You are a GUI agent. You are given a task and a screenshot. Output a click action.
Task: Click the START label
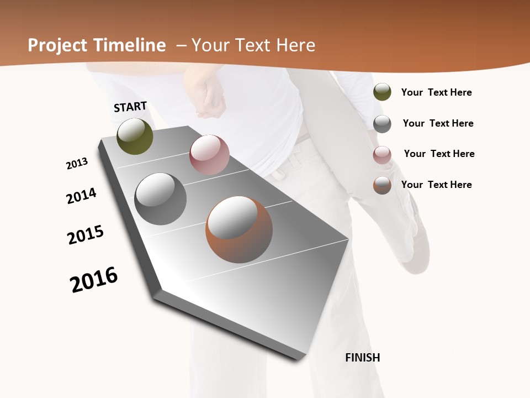pos(130,107)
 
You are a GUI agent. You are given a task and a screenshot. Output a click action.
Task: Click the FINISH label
pos(362,358)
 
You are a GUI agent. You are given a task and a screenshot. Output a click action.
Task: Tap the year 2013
pos(77,164)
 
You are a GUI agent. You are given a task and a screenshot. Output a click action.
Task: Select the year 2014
pos(81,196)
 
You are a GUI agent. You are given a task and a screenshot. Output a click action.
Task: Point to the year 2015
pos(86,235)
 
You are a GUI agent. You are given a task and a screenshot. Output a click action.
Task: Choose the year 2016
pos(94,280)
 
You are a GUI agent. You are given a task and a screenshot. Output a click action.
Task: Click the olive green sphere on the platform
pos(135,136)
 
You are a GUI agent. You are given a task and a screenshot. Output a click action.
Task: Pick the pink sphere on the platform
pos(209,155)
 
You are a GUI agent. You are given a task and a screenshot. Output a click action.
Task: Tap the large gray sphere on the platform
pos(161,199)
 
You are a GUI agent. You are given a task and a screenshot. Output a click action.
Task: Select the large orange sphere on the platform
pos(239,229)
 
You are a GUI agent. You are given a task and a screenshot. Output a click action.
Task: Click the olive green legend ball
pos(382,92)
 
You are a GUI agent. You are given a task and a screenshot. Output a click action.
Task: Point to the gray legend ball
pos(382,123)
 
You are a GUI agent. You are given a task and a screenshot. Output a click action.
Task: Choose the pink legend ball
pos(382,155)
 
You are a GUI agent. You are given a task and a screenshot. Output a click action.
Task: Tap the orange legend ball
pos(382,185)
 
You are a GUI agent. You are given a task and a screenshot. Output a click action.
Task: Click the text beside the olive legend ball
pos(436,92)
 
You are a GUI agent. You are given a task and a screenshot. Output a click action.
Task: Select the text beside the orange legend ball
pos(436,185)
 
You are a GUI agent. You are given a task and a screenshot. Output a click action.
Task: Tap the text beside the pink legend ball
pos(439,154)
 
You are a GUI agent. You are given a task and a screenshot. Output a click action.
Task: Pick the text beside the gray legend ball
pos(438,123)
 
